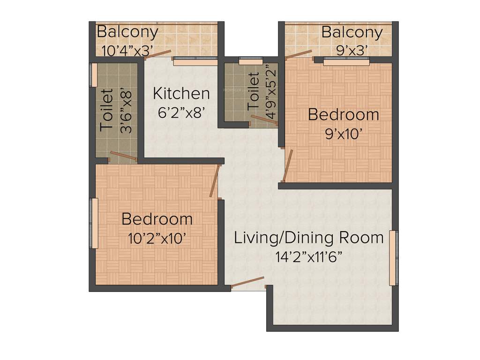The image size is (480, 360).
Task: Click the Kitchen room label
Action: [x=181, y=94]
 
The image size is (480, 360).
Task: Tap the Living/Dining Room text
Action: [x=308, y=238]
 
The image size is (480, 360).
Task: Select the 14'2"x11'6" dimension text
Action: [x=308, y=256]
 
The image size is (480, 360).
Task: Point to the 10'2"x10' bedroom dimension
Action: [x=157, y=238]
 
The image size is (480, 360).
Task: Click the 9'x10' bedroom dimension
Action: [x=344, y=134]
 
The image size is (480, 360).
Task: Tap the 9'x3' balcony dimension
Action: [x=352, y=50]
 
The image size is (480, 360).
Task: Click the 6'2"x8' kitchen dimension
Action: [x=181, y=112]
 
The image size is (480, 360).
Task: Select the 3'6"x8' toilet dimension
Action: [x=126, y=111]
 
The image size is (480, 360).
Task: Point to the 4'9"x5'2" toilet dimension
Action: [x=271, y=93]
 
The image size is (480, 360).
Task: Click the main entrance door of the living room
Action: [x=247, y=283]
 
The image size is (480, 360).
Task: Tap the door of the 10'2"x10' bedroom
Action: [x=215, y=180]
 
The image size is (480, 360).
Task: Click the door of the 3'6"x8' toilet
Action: [x=123, y=156]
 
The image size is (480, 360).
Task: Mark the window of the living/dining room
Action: [x=393, y=258]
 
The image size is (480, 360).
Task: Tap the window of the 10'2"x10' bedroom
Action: [x=94, y=223]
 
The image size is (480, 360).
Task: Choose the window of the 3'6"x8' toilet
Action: [x=93, y=75]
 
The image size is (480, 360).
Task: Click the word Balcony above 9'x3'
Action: [x=352, y=32]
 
